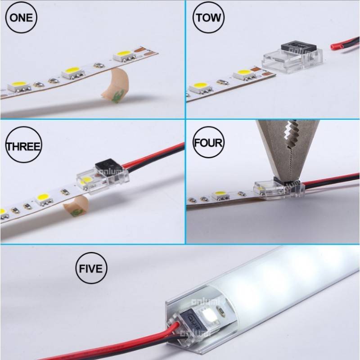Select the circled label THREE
tap(22, 146)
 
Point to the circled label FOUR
tap(207, 143)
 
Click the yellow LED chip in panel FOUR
tap(220, 194)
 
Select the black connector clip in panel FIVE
tap(191, 320)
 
